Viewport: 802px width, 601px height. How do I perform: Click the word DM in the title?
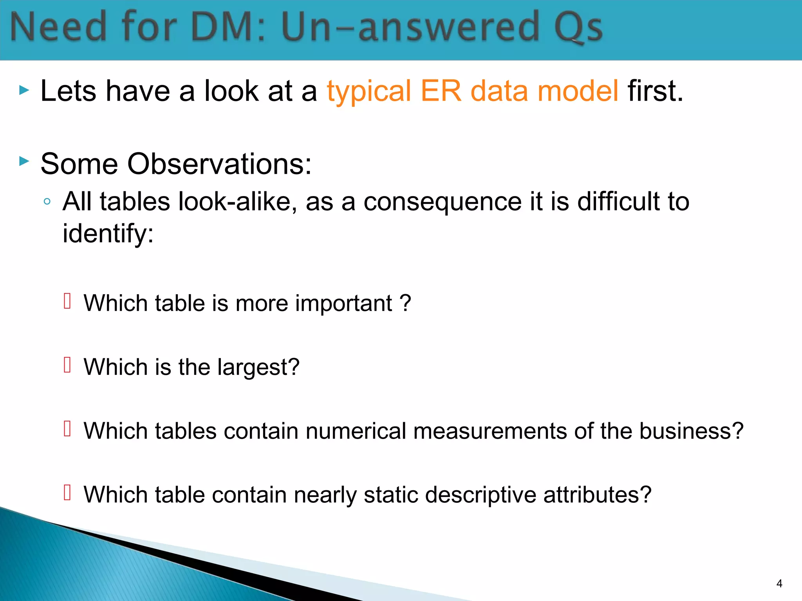[223, 27]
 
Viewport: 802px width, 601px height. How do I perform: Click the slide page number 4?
[779, 583]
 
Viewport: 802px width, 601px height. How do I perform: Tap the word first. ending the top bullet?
[655, 91]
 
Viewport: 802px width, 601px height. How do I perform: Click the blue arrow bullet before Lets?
[24, 91]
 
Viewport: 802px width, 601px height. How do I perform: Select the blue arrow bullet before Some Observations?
[24, 161]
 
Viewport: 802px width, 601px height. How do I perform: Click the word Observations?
[219, 164]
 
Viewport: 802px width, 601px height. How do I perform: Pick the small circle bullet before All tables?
[47, 202]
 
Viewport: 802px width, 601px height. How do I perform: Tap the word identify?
[108, 234]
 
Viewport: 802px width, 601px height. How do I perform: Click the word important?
[343, 303]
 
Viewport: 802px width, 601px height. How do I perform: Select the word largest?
[258, 367]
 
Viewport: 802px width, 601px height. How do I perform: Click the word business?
[691, 431]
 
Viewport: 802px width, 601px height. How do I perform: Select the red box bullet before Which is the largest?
[67, 365]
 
